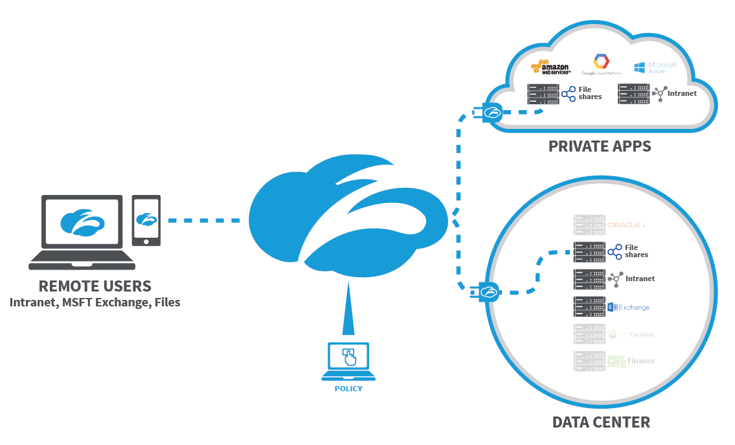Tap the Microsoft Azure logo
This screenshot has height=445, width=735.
click(655, 67)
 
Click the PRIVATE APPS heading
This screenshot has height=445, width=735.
click(600, 146)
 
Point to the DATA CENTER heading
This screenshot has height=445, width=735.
click(601, 422)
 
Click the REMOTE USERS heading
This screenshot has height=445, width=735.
click(95, 286)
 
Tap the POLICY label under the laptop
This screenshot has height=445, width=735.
click(348, 389)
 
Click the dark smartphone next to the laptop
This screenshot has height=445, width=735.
click(146, 220)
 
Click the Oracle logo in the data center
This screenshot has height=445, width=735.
click(625, 225)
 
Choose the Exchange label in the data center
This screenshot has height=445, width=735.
click(633, 307)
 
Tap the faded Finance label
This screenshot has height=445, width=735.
click(640, 361)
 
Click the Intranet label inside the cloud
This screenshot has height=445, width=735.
click(682, 93)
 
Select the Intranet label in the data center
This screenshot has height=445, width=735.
click(640, 279)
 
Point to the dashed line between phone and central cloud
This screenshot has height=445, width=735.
click(204, 220)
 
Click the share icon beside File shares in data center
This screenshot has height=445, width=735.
click(615, 251)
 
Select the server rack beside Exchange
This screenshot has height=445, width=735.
click(589, 306)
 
